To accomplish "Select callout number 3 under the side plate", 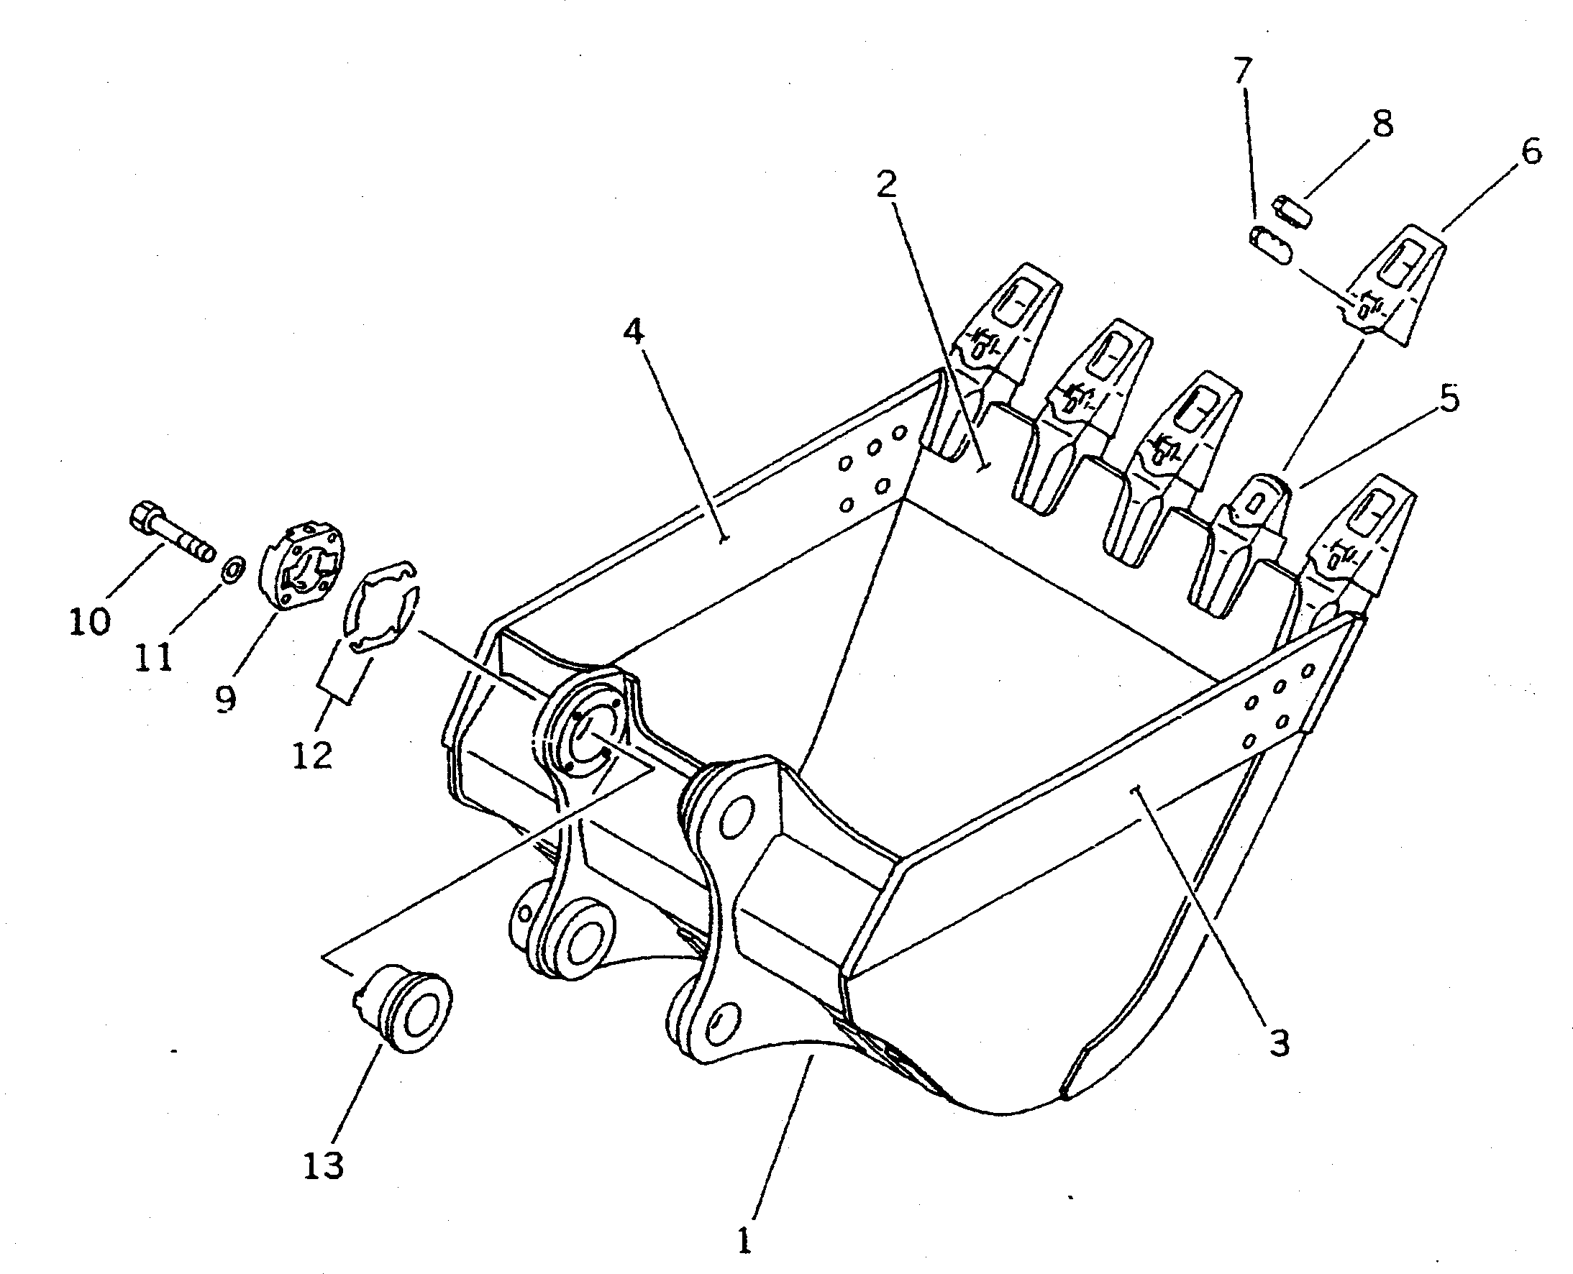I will click(x=1279, y=1042).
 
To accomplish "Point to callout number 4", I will click(x=634, y=332).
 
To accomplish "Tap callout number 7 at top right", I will click(x=1241, y=71).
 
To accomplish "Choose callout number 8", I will click(x=1382, y=123).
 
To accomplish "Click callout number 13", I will click(x=323, y=1165).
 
